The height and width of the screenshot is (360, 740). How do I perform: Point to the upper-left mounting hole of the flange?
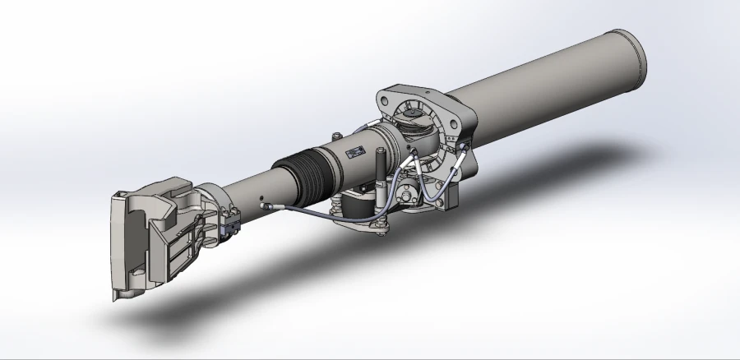point(385,100)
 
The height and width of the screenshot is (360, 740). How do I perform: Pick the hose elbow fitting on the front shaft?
point(268,207)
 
